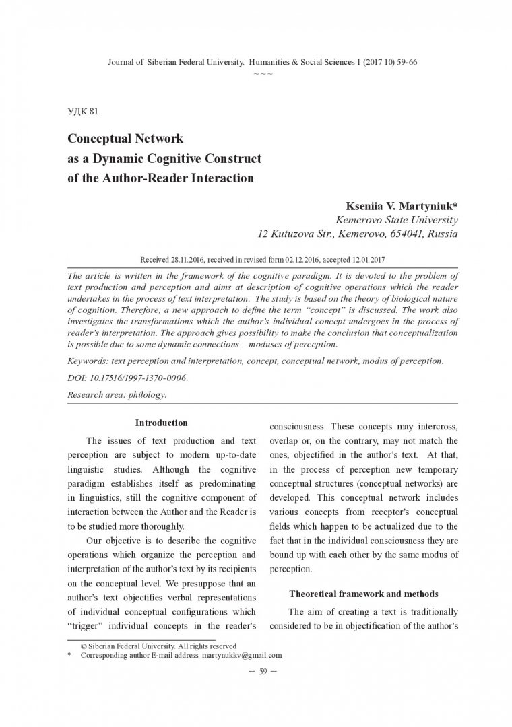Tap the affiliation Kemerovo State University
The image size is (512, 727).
pyautogui.click(x=397, y=220)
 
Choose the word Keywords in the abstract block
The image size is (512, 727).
pyautogui.click(x=89, y=361)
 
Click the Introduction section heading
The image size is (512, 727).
pyautogui.click(x=161, y=423)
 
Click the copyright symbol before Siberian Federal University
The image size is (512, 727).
pyautogui.click(x=83, y=646)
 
